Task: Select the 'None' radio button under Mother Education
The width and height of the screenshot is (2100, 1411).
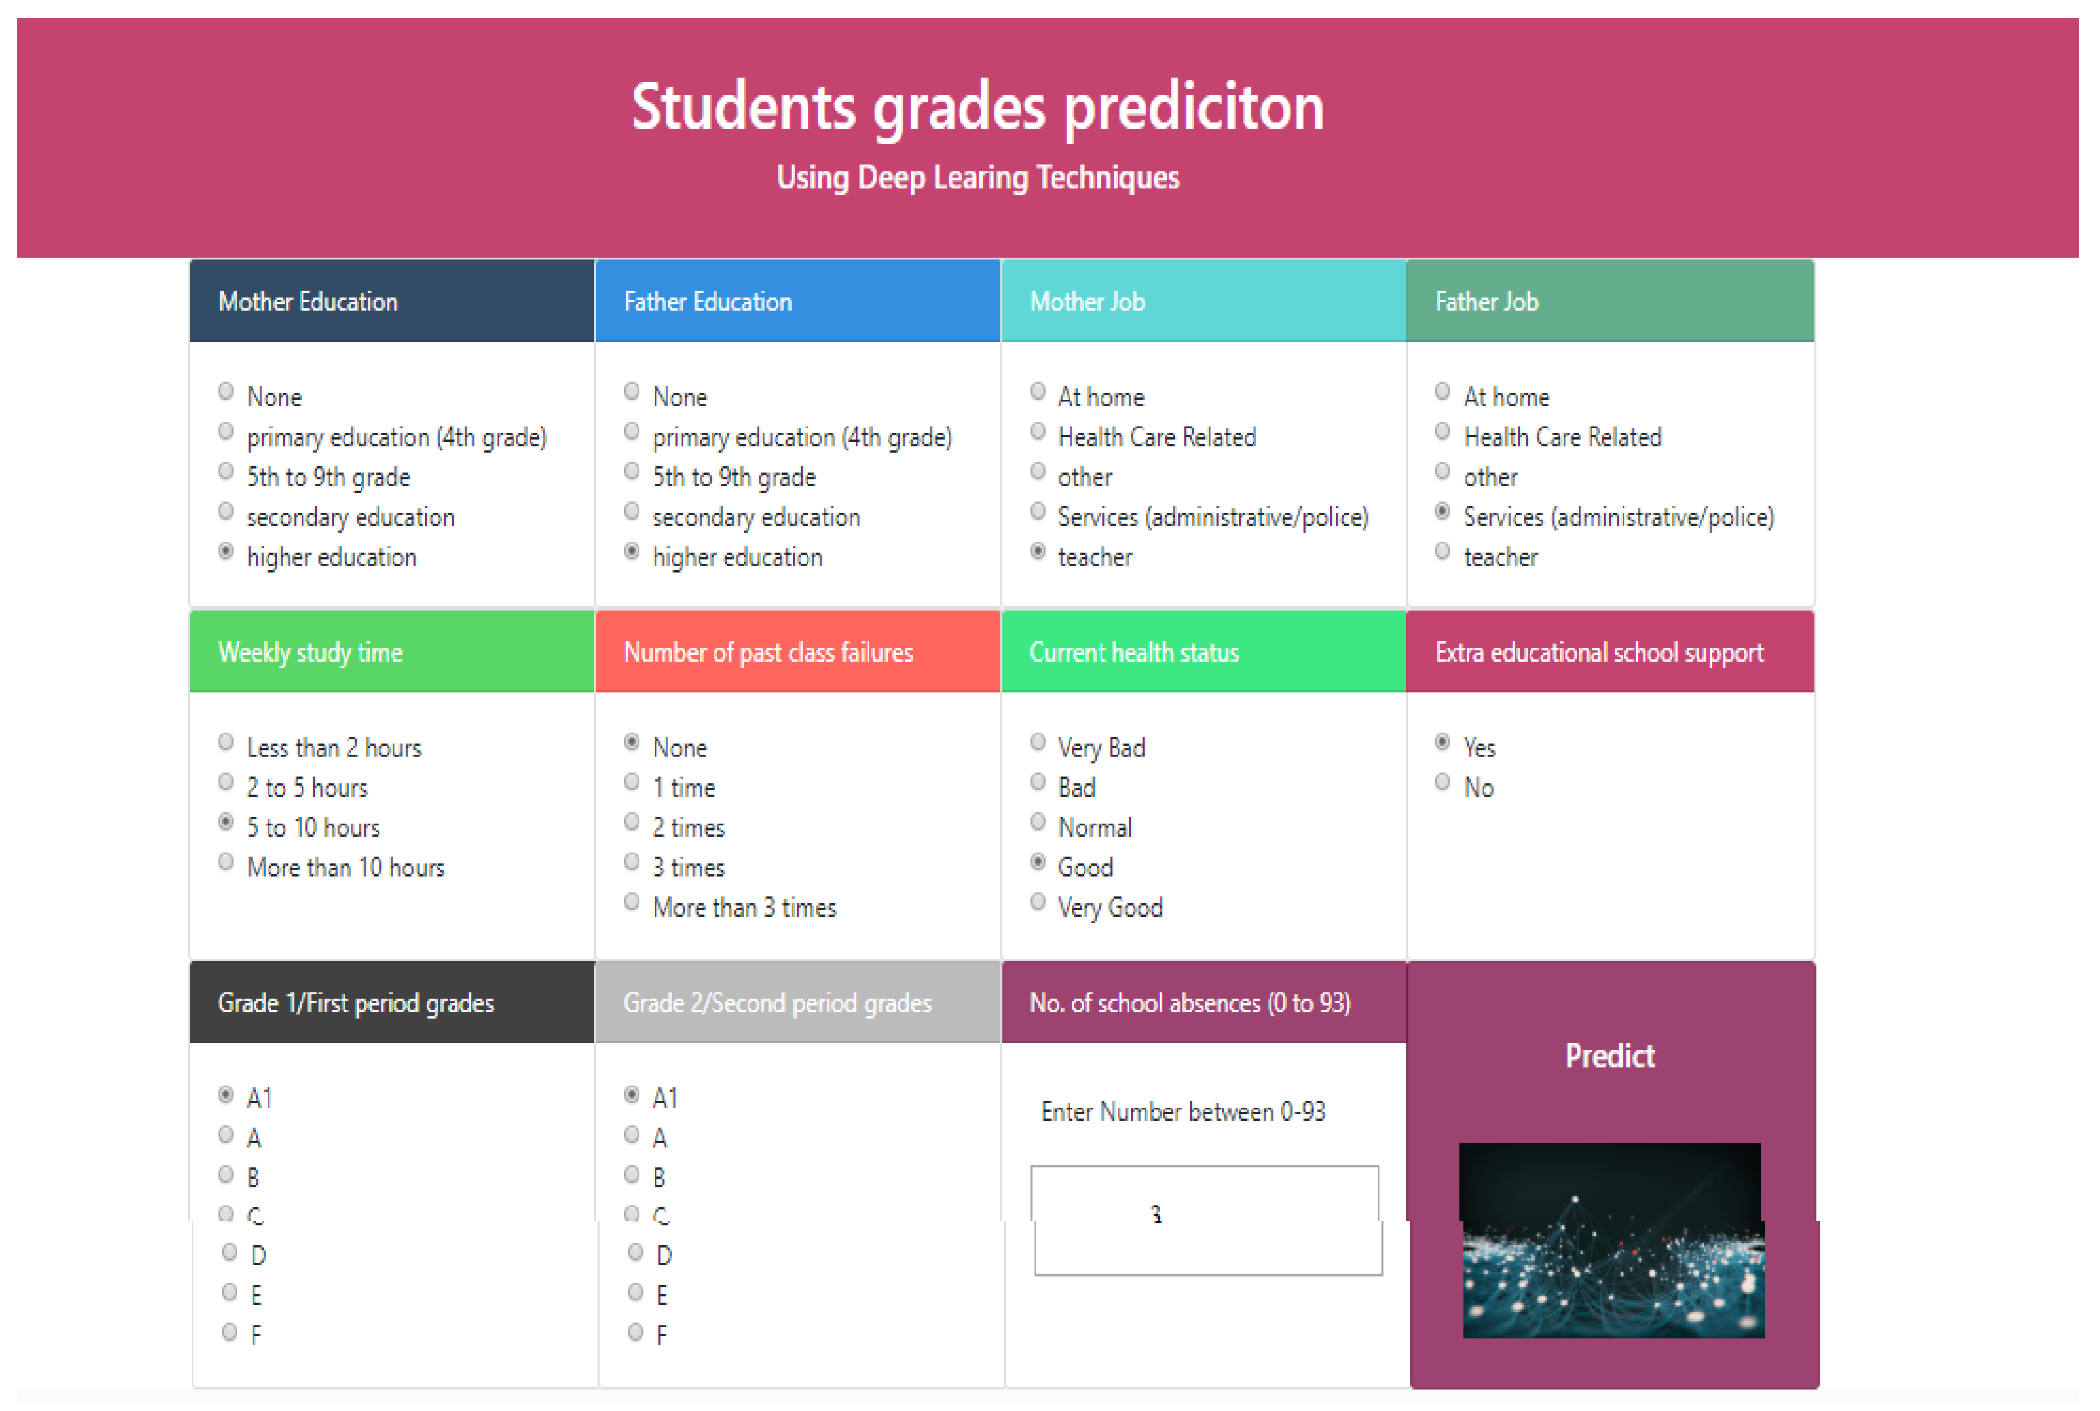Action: (x=226, y=391)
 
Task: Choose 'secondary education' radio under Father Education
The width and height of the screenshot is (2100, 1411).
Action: (x=631, y=512)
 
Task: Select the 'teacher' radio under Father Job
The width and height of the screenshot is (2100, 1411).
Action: (x=1442, y=552)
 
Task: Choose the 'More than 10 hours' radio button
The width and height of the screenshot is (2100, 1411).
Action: (x=226, y=862)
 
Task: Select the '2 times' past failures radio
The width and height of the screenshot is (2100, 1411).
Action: (x=631, y=822)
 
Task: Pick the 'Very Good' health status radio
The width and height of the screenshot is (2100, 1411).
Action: (x=1037, y=902)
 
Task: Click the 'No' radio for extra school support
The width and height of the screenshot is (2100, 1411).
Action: (x=1442, y=782)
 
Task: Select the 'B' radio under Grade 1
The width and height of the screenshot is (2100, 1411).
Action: (x=226, y=1174)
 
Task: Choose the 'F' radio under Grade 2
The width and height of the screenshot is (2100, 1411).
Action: (x=635, y=1332)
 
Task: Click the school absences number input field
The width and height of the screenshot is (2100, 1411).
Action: (x=1205, y=1219)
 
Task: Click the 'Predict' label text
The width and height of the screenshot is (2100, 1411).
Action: (x=1609, y=1055)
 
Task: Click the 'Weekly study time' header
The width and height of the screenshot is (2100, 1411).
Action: (x=310, y=652)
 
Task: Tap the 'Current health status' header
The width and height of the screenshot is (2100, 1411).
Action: (x=1134, y=652)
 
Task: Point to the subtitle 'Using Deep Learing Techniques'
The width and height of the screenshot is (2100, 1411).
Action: (x=978, y=177)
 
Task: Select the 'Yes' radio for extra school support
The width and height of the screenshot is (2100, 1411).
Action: (x=1442, y=743)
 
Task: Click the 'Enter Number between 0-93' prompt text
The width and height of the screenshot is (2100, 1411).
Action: (x=1182, y=1112)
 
